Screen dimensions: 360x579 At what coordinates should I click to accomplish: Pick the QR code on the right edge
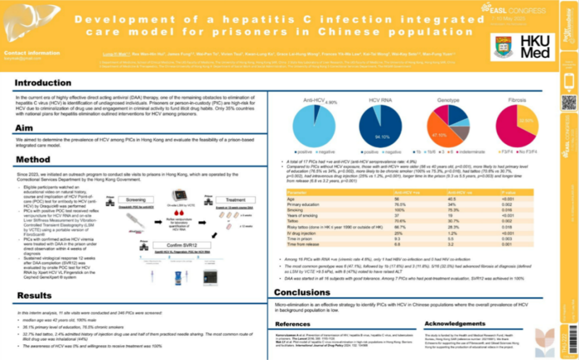(568, 103)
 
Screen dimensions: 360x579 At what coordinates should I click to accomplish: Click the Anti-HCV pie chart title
(317, 99)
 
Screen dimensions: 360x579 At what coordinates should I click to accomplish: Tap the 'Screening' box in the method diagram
(138, 199)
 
